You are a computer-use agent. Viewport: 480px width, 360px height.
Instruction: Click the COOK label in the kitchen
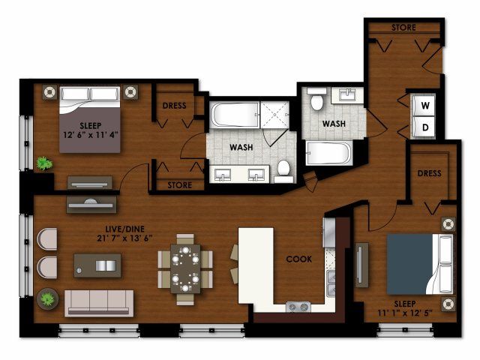(298, 259)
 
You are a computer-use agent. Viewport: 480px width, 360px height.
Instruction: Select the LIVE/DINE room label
(124, 229)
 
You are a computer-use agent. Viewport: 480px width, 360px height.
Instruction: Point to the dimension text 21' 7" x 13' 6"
(124, 238)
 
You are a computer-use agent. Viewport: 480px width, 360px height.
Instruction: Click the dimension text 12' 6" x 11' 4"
(91, 135)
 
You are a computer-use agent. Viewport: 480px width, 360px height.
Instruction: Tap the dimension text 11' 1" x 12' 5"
(405, 313)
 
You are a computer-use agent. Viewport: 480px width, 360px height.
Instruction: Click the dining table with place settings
(185, 268)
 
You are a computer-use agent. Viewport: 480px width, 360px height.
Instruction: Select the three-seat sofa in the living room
(99, 303)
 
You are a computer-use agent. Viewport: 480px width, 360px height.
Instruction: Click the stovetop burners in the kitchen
(298, 307)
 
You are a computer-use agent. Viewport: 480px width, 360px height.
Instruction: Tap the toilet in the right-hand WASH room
(316, 99)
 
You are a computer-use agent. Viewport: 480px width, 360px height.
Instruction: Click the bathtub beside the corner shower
(235, 115)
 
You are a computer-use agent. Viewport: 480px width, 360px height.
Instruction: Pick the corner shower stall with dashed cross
(274, 115)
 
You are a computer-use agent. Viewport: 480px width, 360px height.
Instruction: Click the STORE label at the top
(403, 28)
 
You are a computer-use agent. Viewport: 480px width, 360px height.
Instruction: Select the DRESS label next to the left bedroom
(174, 106)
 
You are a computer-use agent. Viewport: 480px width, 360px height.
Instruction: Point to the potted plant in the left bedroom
(44, 163)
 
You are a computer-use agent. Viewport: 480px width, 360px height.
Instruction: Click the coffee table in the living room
(97, 265)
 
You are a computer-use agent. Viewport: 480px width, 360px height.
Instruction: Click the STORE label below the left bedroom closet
(180, 185)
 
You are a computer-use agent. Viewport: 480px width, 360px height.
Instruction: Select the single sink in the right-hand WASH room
(347, 95)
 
